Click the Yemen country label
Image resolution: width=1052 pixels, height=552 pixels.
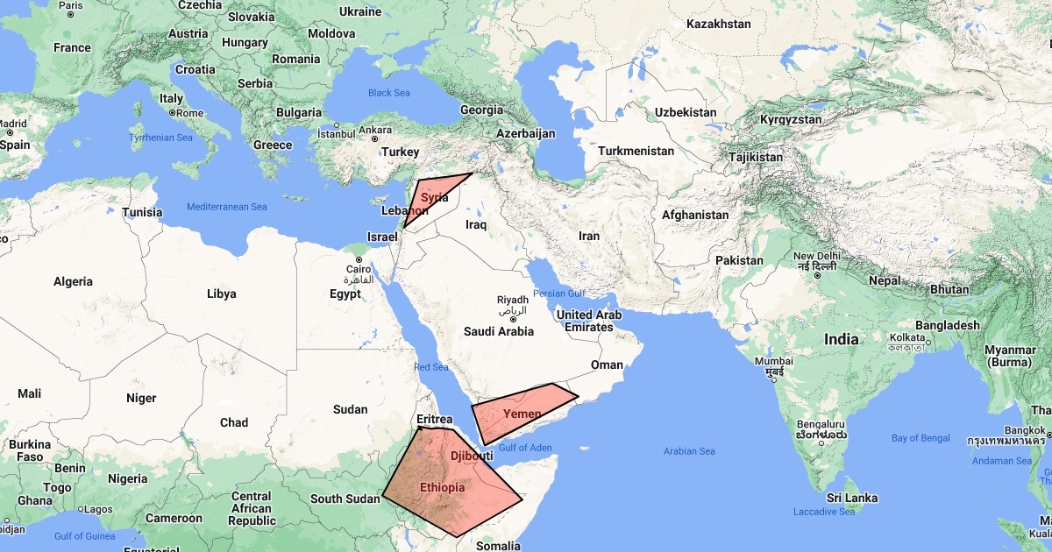coord(522,413)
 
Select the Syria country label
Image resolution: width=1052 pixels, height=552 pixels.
coord(435,198)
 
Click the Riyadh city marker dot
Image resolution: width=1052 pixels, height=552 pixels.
coord(513,319)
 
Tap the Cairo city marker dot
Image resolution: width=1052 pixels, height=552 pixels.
coord(359,259)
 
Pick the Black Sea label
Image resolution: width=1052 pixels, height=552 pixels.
coord(389,93)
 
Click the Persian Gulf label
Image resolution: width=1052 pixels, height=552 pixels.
coord(558,294)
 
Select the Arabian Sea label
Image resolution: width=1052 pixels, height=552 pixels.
coord(690,451)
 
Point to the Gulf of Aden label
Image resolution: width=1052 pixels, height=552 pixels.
coord(525,448)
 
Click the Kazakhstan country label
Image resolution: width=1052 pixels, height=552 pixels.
coord(719,24)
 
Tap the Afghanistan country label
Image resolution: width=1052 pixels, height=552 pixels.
coord(695,215)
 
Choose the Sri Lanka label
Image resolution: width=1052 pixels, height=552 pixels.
coord(850,498)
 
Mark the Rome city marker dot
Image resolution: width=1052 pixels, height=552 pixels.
coord(173,113)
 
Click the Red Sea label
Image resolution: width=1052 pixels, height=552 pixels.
coord(430,367)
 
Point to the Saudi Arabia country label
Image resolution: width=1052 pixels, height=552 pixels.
coord(498,331)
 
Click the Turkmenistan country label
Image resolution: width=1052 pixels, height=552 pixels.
coord(636,151)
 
